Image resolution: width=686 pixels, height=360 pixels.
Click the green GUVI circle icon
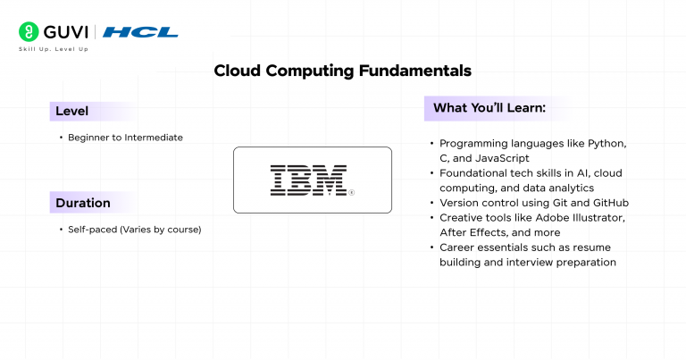pyautogui.click(x=29, y=32)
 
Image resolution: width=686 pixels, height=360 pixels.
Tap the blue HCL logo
pyautogui.click(x=140, y=32)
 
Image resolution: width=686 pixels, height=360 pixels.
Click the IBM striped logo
pyautogui.click(x=308, y=180)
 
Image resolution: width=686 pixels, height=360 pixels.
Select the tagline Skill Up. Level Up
pyautogui.click(x=54, y=49)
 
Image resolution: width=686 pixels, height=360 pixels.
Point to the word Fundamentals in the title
pyautogui.click(x=415, y=71)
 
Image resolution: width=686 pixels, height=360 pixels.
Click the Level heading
pyautogui.click(x=71, y=111)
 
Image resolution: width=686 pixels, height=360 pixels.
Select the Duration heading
pyautogui.click(x=83, y=203)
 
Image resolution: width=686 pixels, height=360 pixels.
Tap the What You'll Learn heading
pyautogui.click(x=489, y=108)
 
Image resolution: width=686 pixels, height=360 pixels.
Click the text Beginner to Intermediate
pyautogui.click(x=126, y=138)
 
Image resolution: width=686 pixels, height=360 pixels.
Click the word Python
pyautogui.click(x=607, y=144)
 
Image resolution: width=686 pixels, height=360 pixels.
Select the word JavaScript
pyautogui.click(x=502, y=158)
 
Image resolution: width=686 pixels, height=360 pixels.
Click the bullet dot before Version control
pyautogui.click(x=431, y=203)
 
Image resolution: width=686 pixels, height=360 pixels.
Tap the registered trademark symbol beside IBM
pyautogui.click(x=351, y=192)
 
